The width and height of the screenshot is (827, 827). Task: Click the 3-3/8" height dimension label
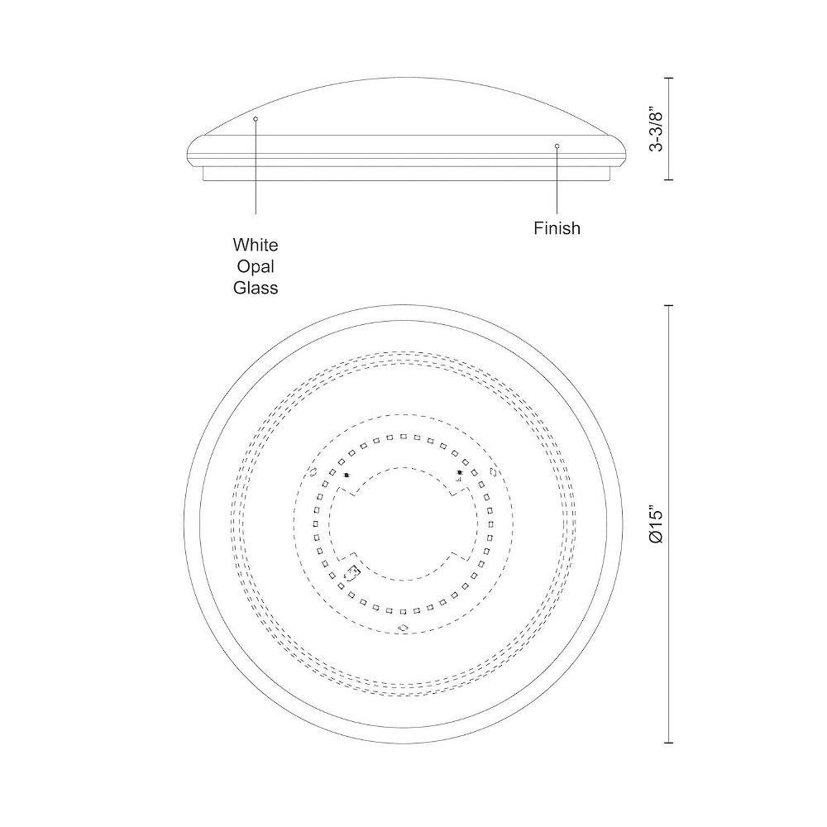(656, 131)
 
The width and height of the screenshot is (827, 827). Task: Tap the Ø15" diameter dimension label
(656, 526)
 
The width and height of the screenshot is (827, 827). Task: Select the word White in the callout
(256, 245)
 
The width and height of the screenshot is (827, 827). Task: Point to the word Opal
(256, 266)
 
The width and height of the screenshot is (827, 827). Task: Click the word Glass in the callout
(256, 288)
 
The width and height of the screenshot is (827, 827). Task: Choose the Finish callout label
(557, 228)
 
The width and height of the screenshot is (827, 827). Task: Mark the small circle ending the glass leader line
(256, 118)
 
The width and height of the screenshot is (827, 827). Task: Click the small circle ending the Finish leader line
(557, 146)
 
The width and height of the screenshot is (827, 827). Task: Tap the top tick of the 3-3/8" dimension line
(669, 78)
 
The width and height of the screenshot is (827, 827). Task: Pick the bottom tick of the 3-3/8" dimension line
(669, 179)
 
